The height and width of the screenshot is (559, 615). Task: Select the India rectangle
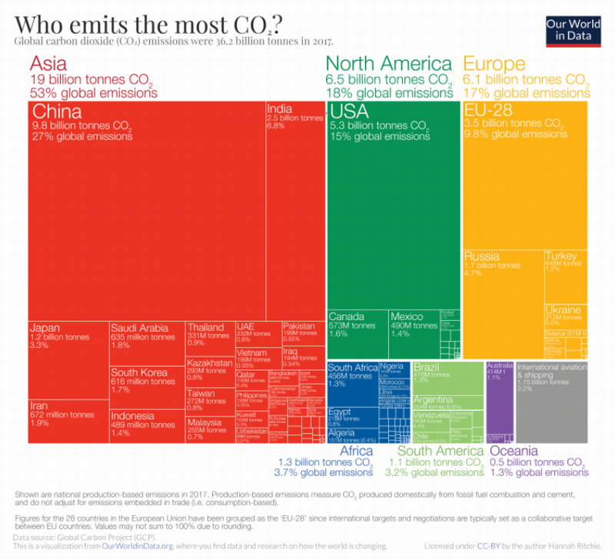(294, 207)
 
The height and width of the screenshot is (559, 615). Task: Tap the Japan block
(68, 357)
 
